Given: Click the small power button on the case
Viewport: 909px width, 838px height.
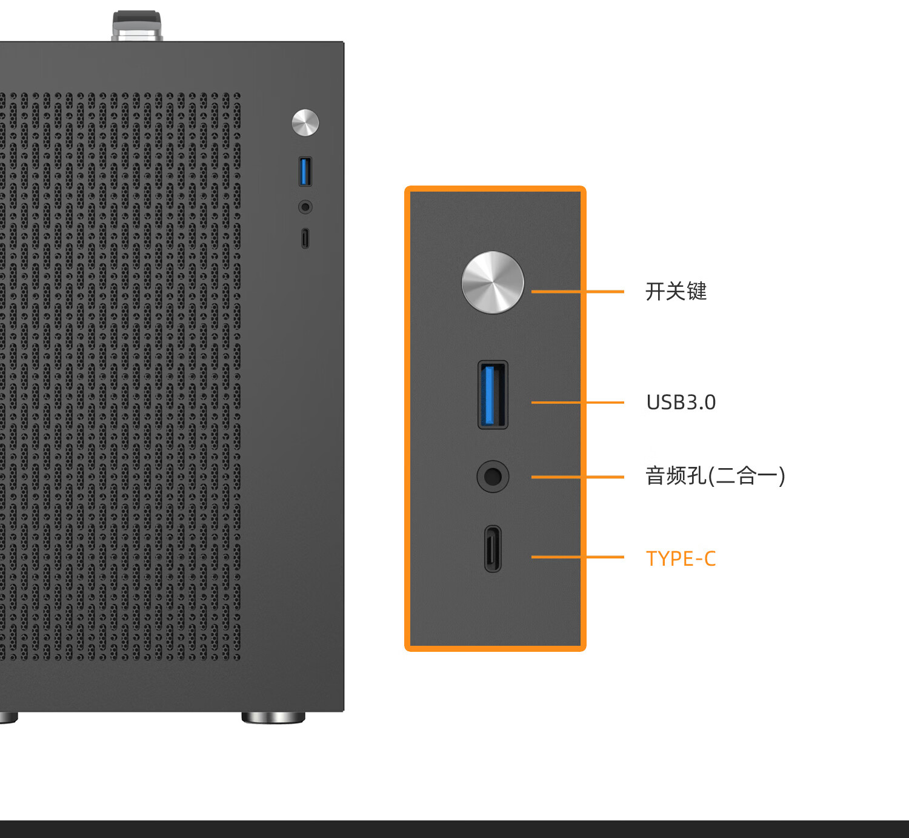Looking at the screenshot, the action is pos(305,122).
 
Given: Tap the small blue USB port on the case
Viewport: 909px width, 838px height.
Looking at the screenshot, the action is pos(305,172).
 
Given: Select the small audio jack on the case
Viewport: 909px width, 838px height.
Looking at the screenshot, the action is pos(305,207).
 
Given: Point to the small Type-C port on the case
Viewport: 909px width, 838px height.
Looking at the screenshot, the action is pos(305,238).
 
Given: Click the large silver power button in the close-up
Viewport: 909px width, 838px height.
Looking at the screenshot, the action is pos(493,283).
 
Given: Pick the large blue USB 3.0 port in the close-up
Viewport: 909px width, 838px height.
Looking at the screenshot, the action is pos(493,395).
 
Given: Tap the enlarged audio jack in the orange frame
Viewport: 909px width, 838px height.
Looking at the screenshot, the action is pos(493,476).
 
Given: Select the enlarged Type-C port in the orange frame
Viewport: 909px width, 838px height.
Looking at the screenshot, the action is pos(493,549).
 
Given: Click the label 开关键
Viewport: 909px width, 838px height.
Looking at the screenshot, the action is pos(676,291).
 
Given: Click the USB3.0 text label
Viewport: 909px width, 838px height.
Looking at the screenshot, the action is pos(681,402).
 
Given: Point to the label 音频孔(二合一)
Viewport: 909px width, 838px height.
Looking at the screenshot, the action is pos(715,476).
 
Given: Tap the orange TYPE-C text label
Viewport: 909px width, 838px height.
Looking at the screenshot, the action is pos(681,558).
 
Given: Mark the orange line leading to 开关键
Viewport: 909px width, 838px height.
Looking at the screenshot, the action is pos(578,292).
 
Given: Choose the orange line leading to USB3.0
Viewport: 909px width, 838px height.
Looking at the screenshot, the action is pos(578,402).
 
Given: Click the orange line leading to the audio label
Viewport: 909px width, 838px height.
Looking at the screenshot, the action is pos(578,477).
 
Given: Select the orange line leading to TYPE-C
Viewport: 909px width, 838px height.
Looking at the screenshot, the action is pos(578,557).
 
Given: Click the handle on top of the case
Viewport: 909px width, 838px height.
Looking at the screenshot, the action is pos(137,26).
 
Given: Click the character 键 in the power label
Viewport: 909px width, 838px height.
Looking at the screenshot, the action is pos(696,291).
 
